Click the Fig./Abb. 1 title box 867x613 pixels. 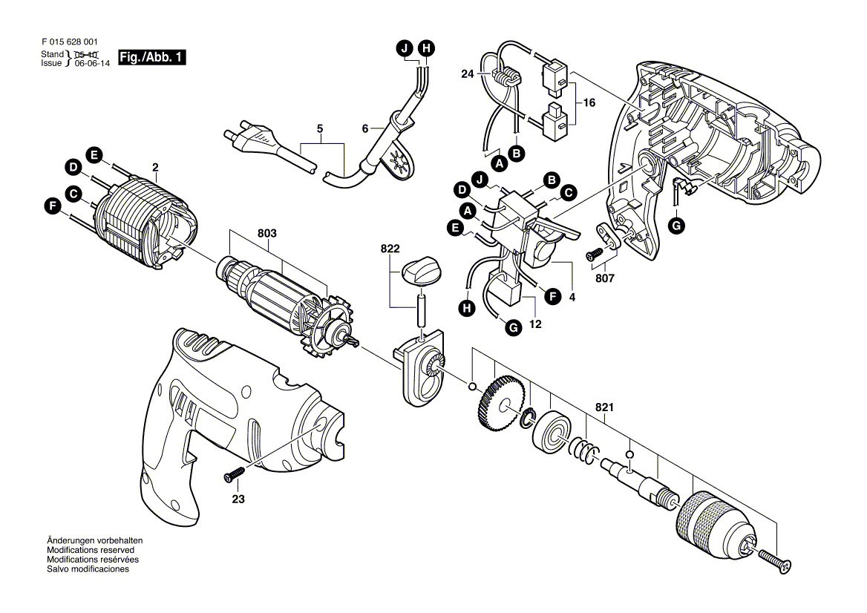[152, 57]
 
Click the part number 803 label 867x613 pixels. [267, 233]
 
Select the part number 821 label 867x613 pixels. [604, 407]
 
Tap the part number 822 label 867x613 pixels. [390, 249]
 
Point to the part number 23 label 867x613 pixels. [238, 499]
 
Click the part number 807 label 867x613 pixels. [604, 278]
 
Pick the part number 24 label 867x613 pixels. [468, 73]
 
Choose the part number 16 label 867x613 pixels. [589, 103]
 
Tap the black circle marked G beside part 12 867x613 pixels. [514, 328]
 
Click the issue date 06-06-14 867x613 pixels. [92, 64]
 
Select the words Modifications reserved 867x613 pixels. [90, 550]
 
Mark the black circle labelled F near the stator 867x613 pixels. [53, 207]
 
